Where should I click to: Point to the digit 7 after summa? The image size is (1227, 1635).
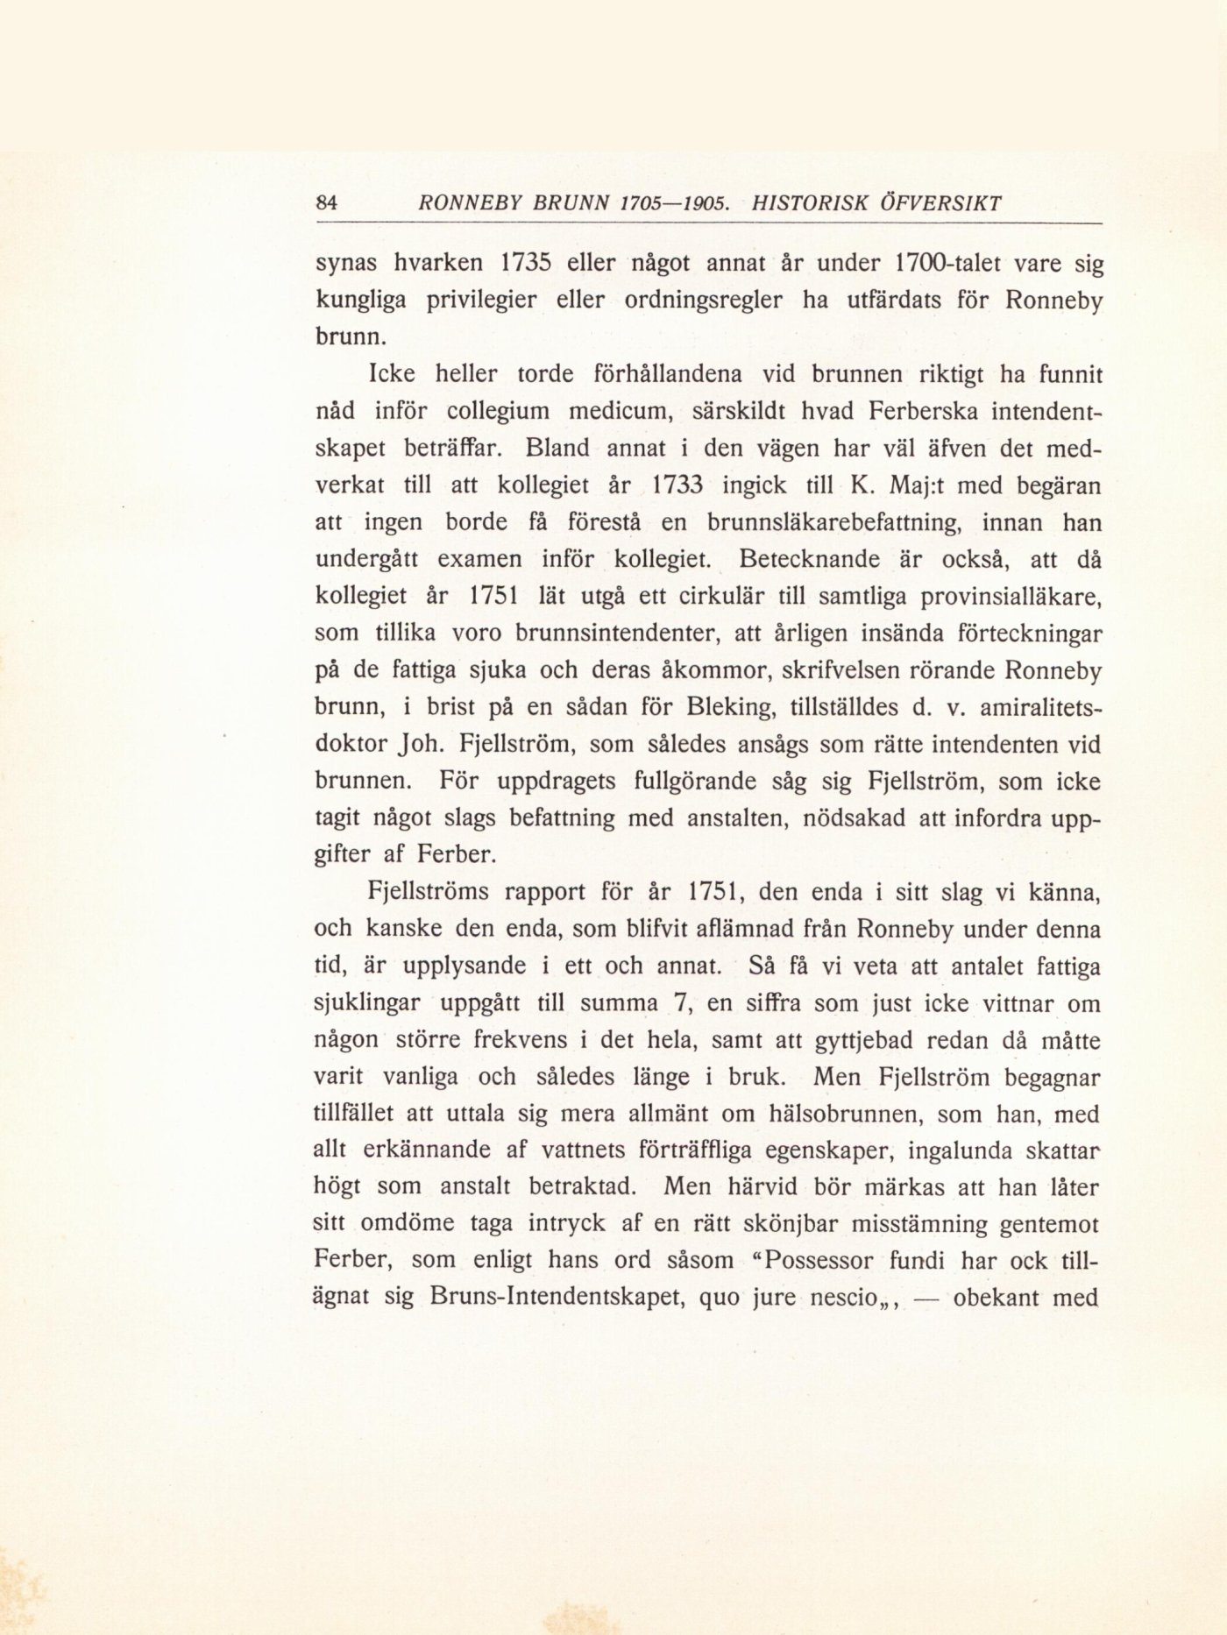[675, 1004]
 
